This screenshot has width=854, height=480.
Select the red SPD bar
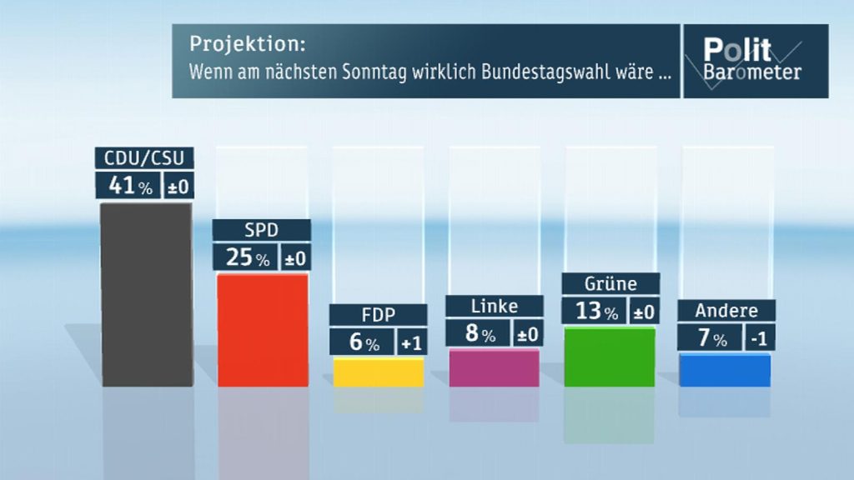[x=262, y=329]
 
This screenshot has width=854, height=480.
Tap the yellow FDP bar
[x=379, y=372]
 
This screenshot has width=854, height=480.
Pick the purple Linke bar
[x=494, y=367]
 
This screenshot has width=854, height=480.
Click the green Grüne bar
[x=610, y=357]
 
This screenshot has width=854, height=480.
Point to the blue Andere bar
[x=725, y=370]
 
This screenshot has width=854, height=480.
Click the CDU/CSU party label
[x=144, y=157]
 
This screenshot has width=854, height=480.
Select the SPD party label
[x=261, y=230]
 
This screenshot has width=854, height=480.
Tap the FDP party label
[x=378, y=315]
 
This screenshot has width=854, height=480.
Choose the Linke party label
[x=494, y=306]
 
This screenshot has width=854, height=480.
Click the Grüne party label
[x=610, y=283]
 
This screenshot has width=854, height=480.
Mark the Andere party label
[x=726, y=311]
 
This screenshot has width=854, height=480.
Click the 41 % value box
[x=126, y=186]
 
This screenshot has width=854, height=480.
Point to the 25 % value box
[x=245, y=257]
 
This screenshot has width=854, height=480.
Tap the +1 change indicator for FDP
[x=412, y=342]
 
